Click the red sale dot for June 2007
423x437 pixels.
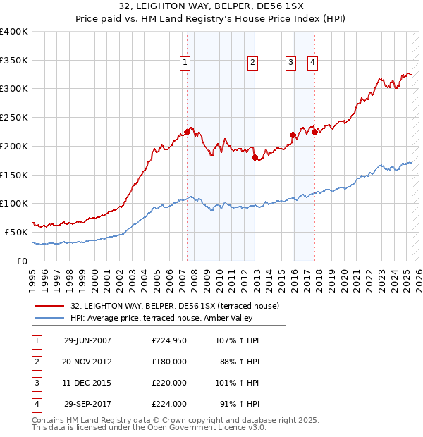pos(188,132)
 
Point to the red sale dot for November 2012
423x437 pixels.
pos(255,157)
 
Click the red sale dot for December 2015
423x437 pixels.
pos(293,135)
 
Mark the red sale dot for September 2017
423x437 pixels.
pos(314,133)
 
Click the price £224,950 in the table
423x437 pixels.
pos(169,340)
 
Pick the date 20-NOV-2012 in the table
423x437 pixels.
pos(87,362)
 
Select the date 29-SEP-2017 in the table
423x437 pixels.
pos(87,404)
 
